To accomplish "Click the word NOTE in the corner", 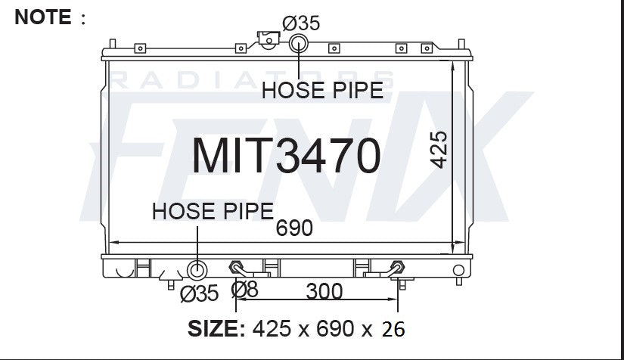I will (42, 16).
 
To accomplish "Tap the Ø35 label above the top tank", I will (301, 23).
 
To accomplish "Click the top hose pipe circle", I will (300, 42).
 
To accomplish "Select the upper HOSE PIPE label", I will (322, 90).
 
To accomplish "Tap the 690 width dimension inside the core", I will (294, 228).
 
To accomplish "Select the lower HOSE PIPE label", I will (213, 211).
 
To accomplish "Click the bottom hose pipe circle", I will (197, 270).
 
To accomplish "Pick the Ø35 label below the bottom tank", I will (200, 293).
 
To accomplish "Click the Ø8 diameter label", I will (244, 290).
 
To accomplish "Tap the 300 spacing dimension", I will (324, 290).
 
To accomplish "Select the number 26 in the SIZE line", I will (393, 329).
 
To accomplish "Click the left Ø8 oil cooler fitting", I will (236, 268).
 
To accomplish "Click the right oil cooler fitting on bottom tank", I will (396, 268).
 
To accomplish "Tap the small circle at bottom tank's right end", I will (458, 270).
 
